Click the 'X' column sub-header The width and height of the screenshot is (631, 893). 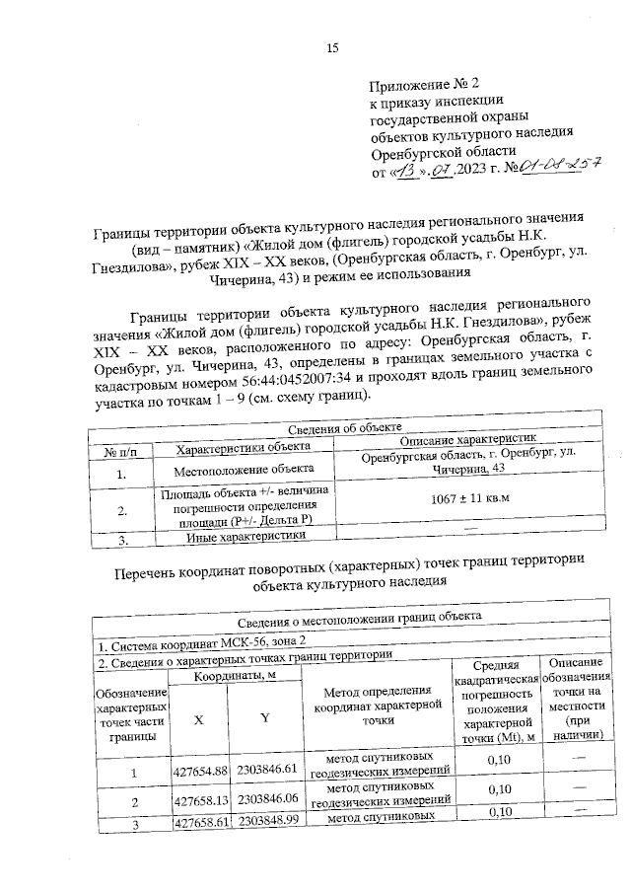(x=199, y=718)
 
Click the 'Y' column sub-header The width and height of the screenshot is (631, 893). (x=264, y=717)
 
